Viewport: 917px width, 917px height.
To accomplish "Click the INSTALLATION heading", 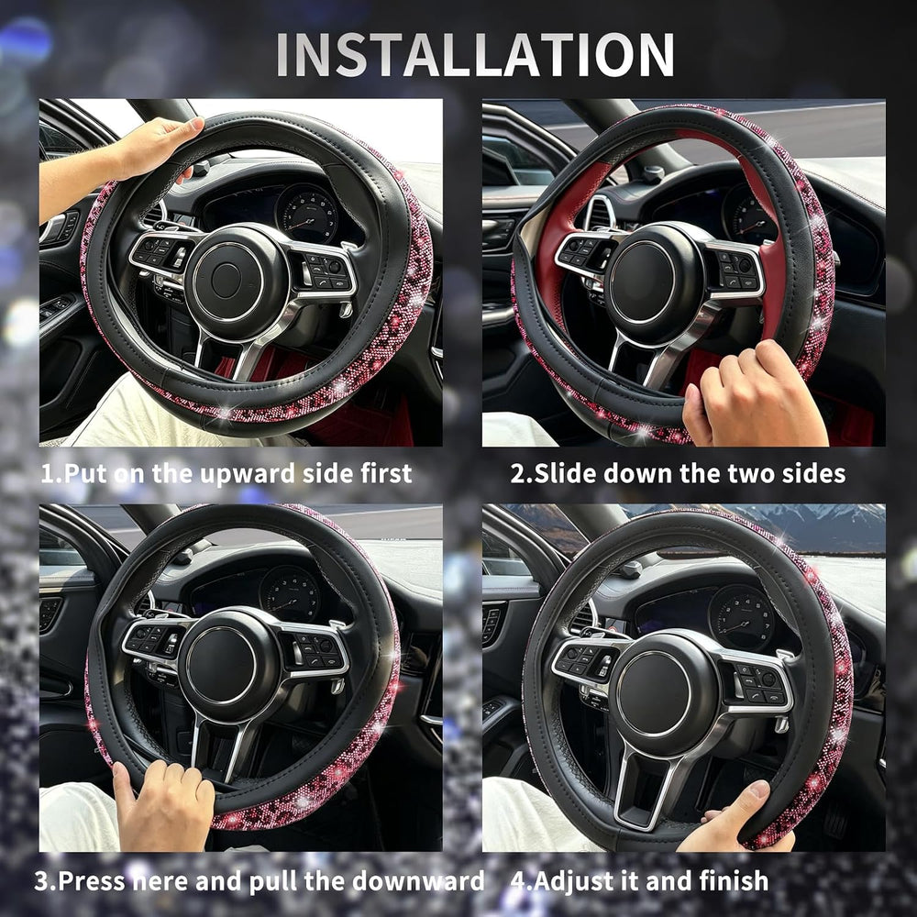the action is point(475,54).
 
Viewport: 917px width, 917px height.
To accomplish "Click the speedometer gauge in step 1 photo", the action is point(306,214).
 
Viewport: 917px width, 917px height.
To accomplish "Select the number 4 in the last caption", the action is point(517,880).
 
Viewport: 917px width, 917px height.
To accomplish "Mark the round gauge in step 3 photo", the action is point(291,594).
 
